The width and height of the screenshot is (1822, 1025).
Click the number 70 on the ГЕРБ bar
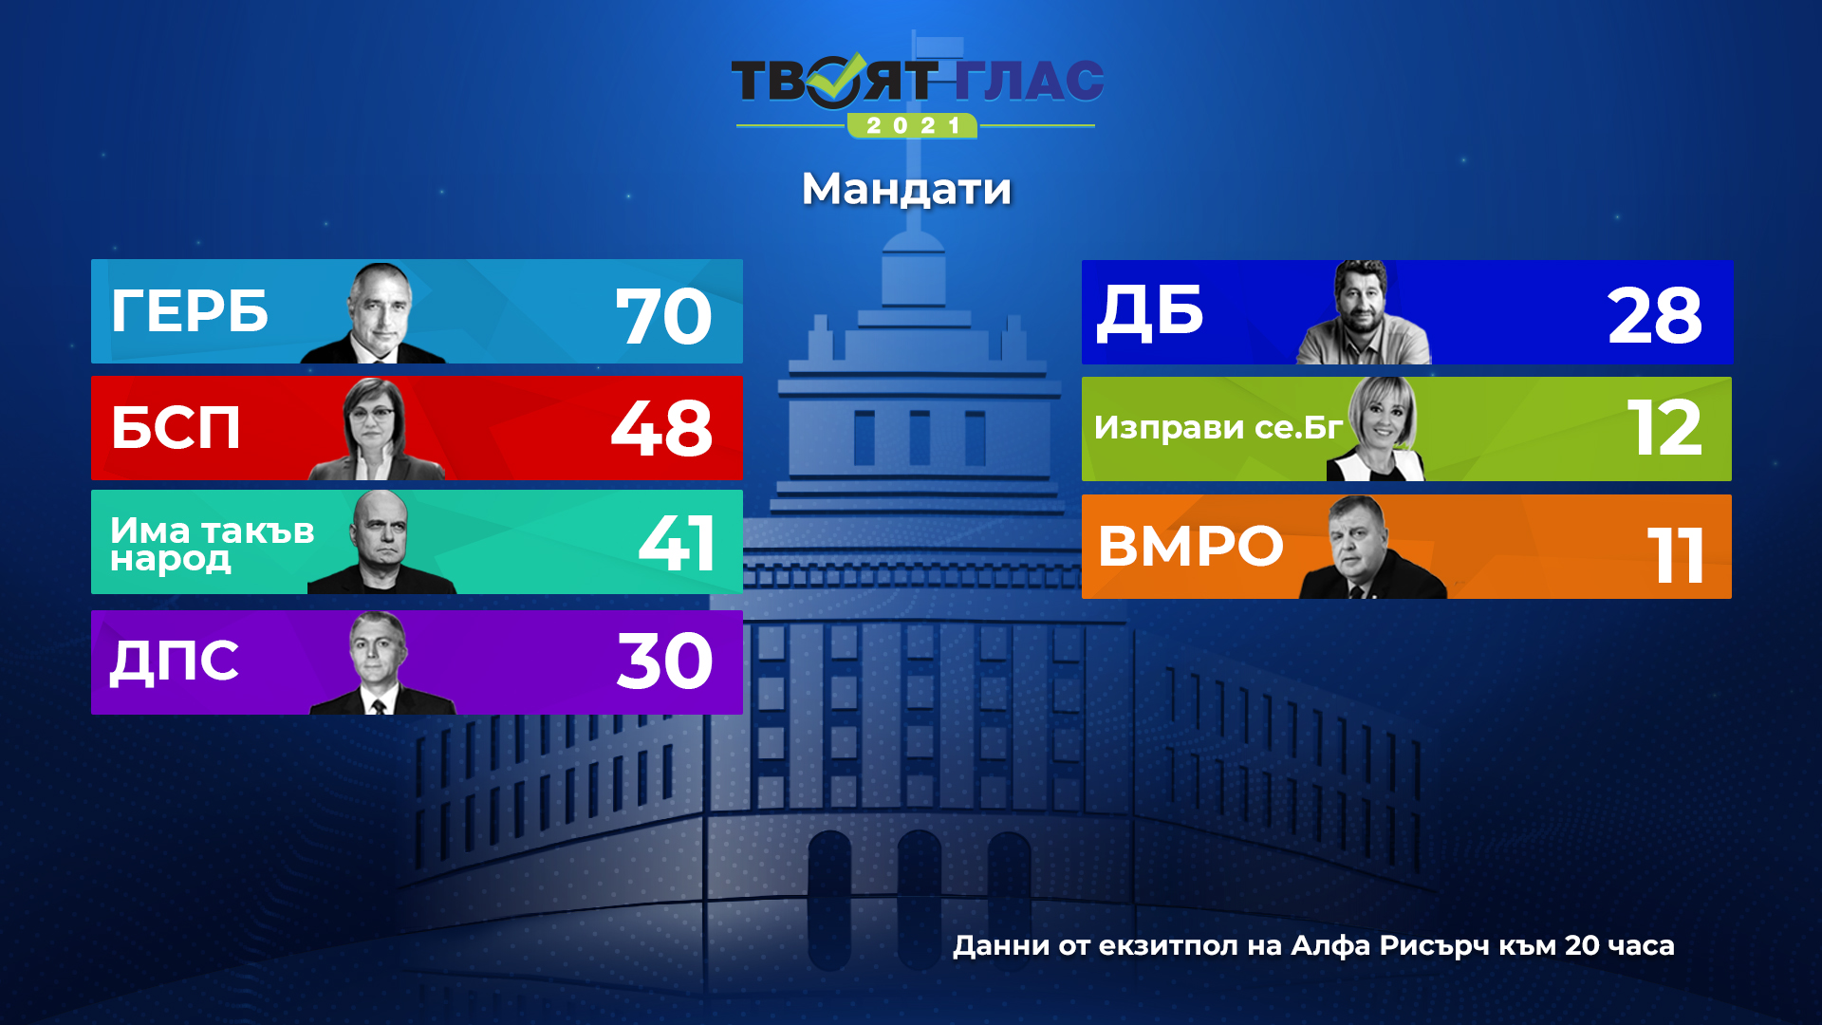click(x=663, y=317)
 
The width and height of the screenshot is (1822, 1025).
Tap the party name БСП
click(x=176, y=427)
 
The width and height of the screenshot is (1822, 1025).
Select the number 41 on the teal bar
click(x=677, y=543)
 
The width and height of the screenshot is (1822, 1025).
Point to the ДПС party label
click(x=175, y=662)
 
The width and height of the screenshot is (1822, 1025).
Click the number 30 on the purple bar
click(x=664, y=662)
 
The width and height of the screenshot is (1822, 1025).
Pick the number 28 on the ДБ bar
click(x=1655, y=316)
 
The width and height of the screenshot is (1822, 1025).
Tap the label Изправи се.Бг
click(x=1218, y=427)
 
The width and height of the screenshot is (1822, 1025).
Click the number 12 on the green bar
click(x=1665, y=428)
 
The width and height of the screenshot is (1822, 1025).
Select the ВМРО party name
click(x=1191, y=546)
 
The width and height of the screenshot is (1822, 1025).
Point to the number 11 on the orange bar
click(x=1676, y=555)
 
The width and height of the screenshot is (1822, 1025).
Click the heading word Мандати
click(x=906, y=189)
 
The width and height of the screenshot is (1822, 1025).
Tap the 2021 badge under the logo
click(x=912, y=125)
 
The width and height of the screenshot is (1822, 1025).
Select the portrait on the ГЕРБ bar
click(x=376, y=313)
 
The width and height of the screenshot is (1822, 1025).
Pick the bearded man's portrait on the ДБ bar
click(x=1364, y=312)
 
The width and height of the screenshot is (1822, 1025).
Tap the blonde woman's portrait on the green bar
click(x=1377, y=429)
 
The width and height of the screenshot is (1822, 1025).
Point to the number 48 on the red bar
click(x=661, y=429)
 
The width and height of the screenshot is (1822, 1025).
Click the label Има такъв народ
click(x=212, y=545)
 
